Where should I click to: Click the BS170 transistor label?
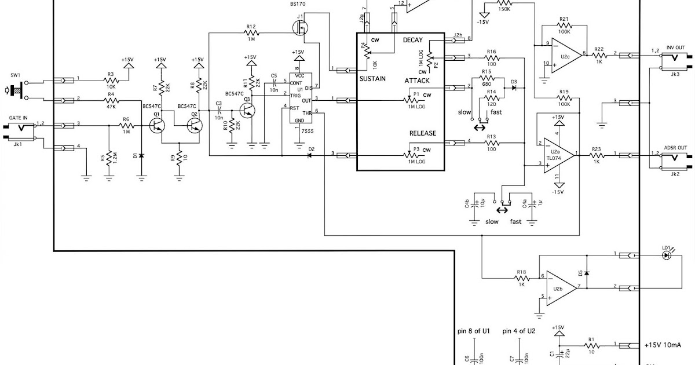(298, 4)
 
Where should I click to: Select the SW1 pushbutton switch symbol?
(16, 89)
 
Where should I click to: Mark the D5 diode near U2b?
(587, 272)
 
